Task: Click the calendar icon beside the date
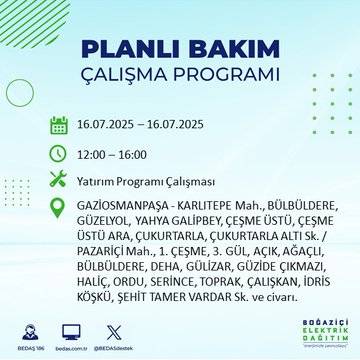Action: tap(59, 126)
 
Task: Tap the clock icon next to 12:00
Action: tap(59, 154)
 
